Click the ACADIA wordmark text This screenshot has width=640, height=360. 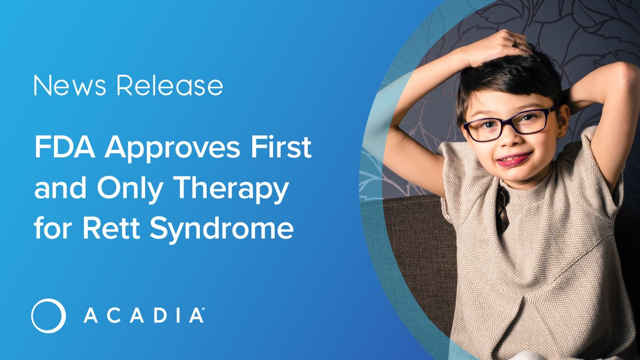[142, 316]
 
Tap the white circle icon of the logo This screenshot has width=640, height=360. [49, 316]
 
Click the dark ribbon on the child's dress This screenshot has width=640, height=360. [502, 208]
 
